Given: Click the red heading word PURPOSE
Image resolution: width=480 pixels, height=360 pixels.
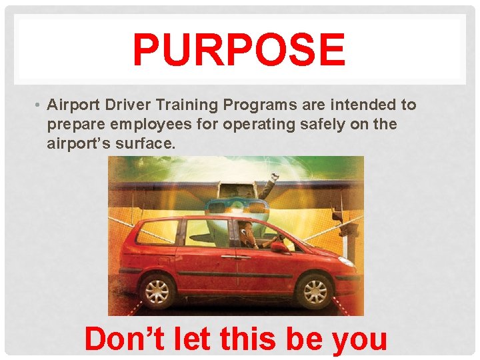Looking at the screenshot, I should coord(239,51).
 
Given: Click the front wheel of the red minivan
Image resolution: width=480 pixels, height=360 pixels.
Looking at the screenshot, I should coord(315,291).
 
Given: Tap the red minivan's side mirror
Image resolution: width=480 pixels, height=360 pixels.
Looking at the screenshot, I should coord(278,247).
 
